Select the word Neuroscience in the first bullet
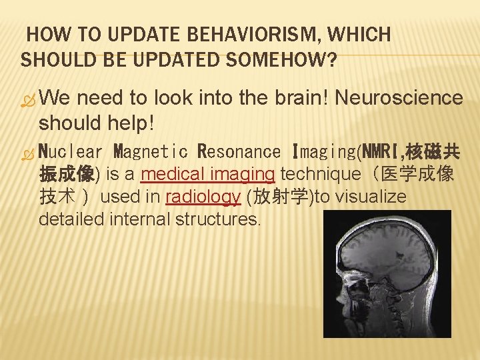pyautogui.click(x=399, y=98)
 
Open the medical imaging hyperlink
pyautogui.click(x=209, y=175)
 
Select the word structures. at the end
pyautogui.click(x=217, y=219)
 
